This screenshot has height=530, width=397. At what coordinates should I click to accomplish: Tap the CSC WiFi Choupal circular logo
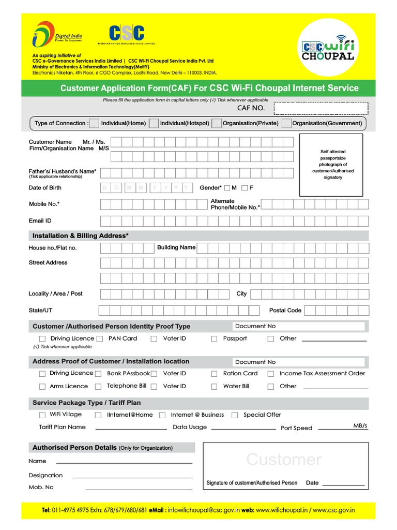pos(327,47)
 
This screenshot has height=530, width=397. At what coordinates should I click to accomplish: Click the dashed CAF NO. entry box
pos(320,108)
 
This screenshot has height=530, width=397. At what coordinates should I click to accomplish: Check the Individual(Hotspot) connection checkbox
pos(154,123)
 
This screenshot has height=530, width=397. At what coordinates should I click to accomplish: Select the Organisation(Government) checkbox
pos(287,123)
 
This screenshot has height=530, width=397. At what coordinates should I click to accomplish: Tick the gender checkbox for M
pos(227,188)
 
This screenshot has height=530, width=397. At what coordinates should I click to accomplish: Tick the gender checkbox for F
pos(245,188)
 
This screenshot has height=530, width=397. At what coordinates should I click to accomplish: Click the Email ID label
pos(40,220)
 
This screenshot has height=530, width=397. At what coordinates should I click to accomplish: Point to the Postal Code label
pos(285,311)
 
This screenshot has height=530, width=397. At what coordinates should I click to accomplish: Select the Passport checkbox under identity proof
pos(214,339)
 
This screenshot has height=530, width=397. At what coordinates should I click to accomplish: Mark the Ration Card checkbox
pos(214,374)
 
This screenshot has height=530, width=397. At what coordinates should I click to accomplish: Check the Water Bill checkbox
pos(214,387)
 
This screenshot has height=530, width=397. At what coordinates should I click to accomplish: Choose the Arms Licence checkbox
pos(42,387)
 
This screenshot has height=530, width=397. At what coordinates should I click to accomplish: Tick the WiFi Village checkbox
pos(42,415)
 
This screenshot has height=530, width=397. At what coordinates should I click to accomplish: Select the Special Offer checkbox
pos(235,415)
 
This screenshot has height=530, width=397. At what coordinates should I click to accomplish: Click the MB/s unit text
pos(360,425)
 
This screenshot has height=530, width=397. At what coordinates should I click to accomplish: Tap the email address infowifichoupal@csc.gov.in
pos(204,511)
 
